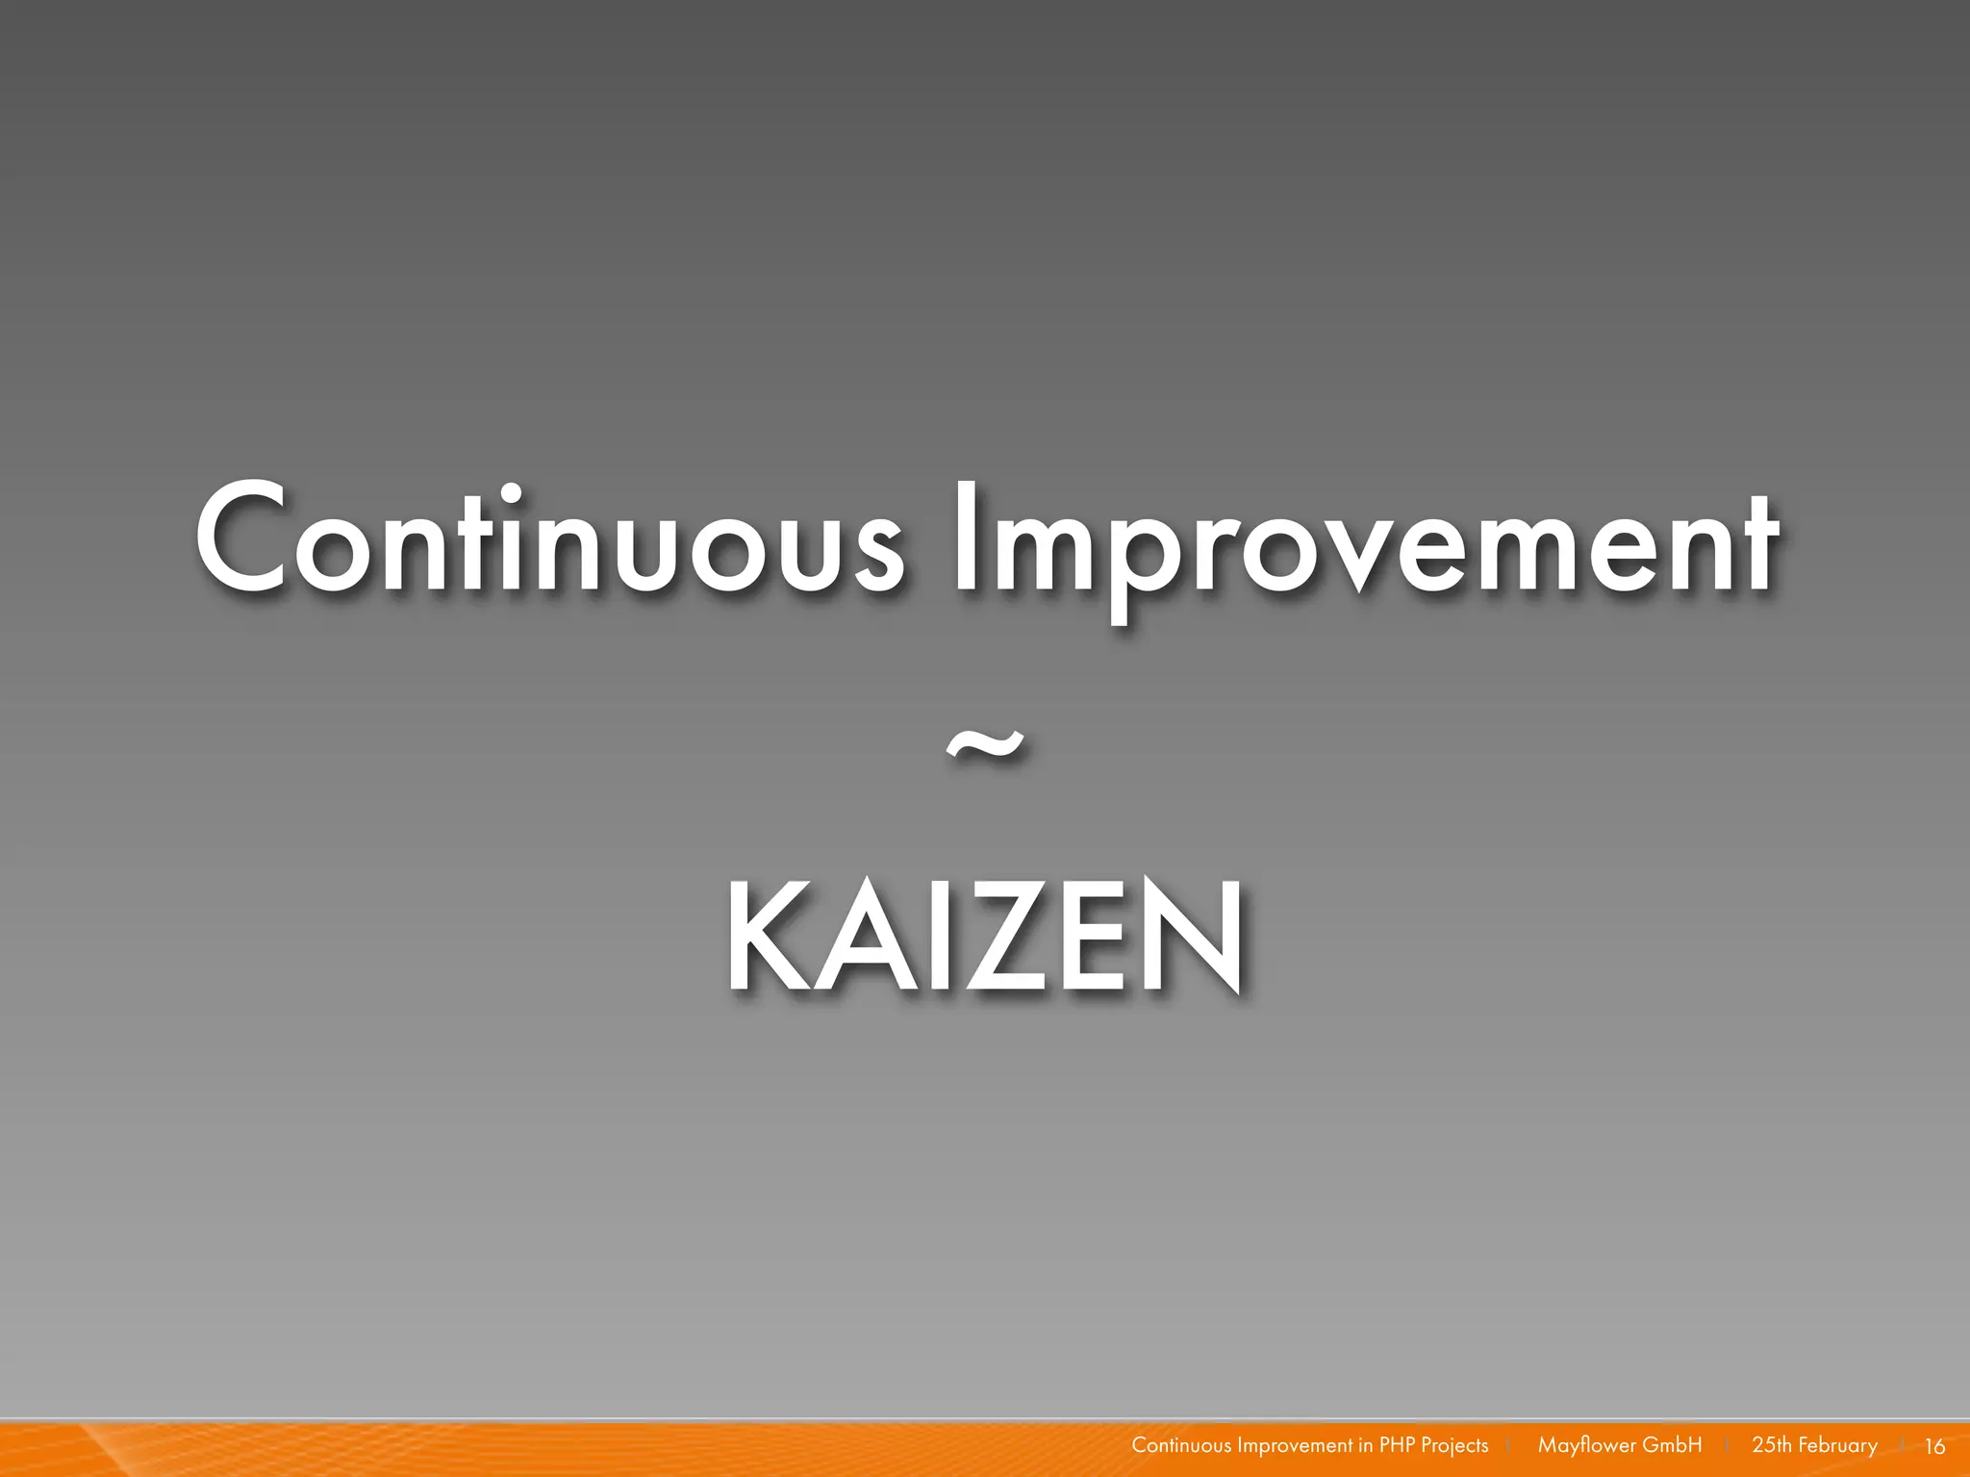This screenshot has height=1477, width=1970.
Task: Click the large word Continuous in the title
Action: tap(548, 538)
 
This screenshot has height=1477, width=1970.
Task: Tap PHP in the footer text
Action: tap(1397, 1445)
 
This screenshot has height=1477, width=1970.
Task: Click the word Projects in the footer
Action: tap(1454, 1446)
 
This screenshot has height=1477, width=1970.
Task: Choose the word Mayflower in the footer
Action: tap(1586, 1445)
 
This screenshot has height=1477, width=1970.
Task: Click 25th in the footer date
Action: tap(1772, 1445)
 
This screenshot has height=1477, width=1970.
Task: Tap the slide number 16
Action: tap(1934, 1446)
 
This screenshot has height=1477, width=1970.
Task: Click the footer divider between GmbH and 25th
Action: tap(1728, 1445)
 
